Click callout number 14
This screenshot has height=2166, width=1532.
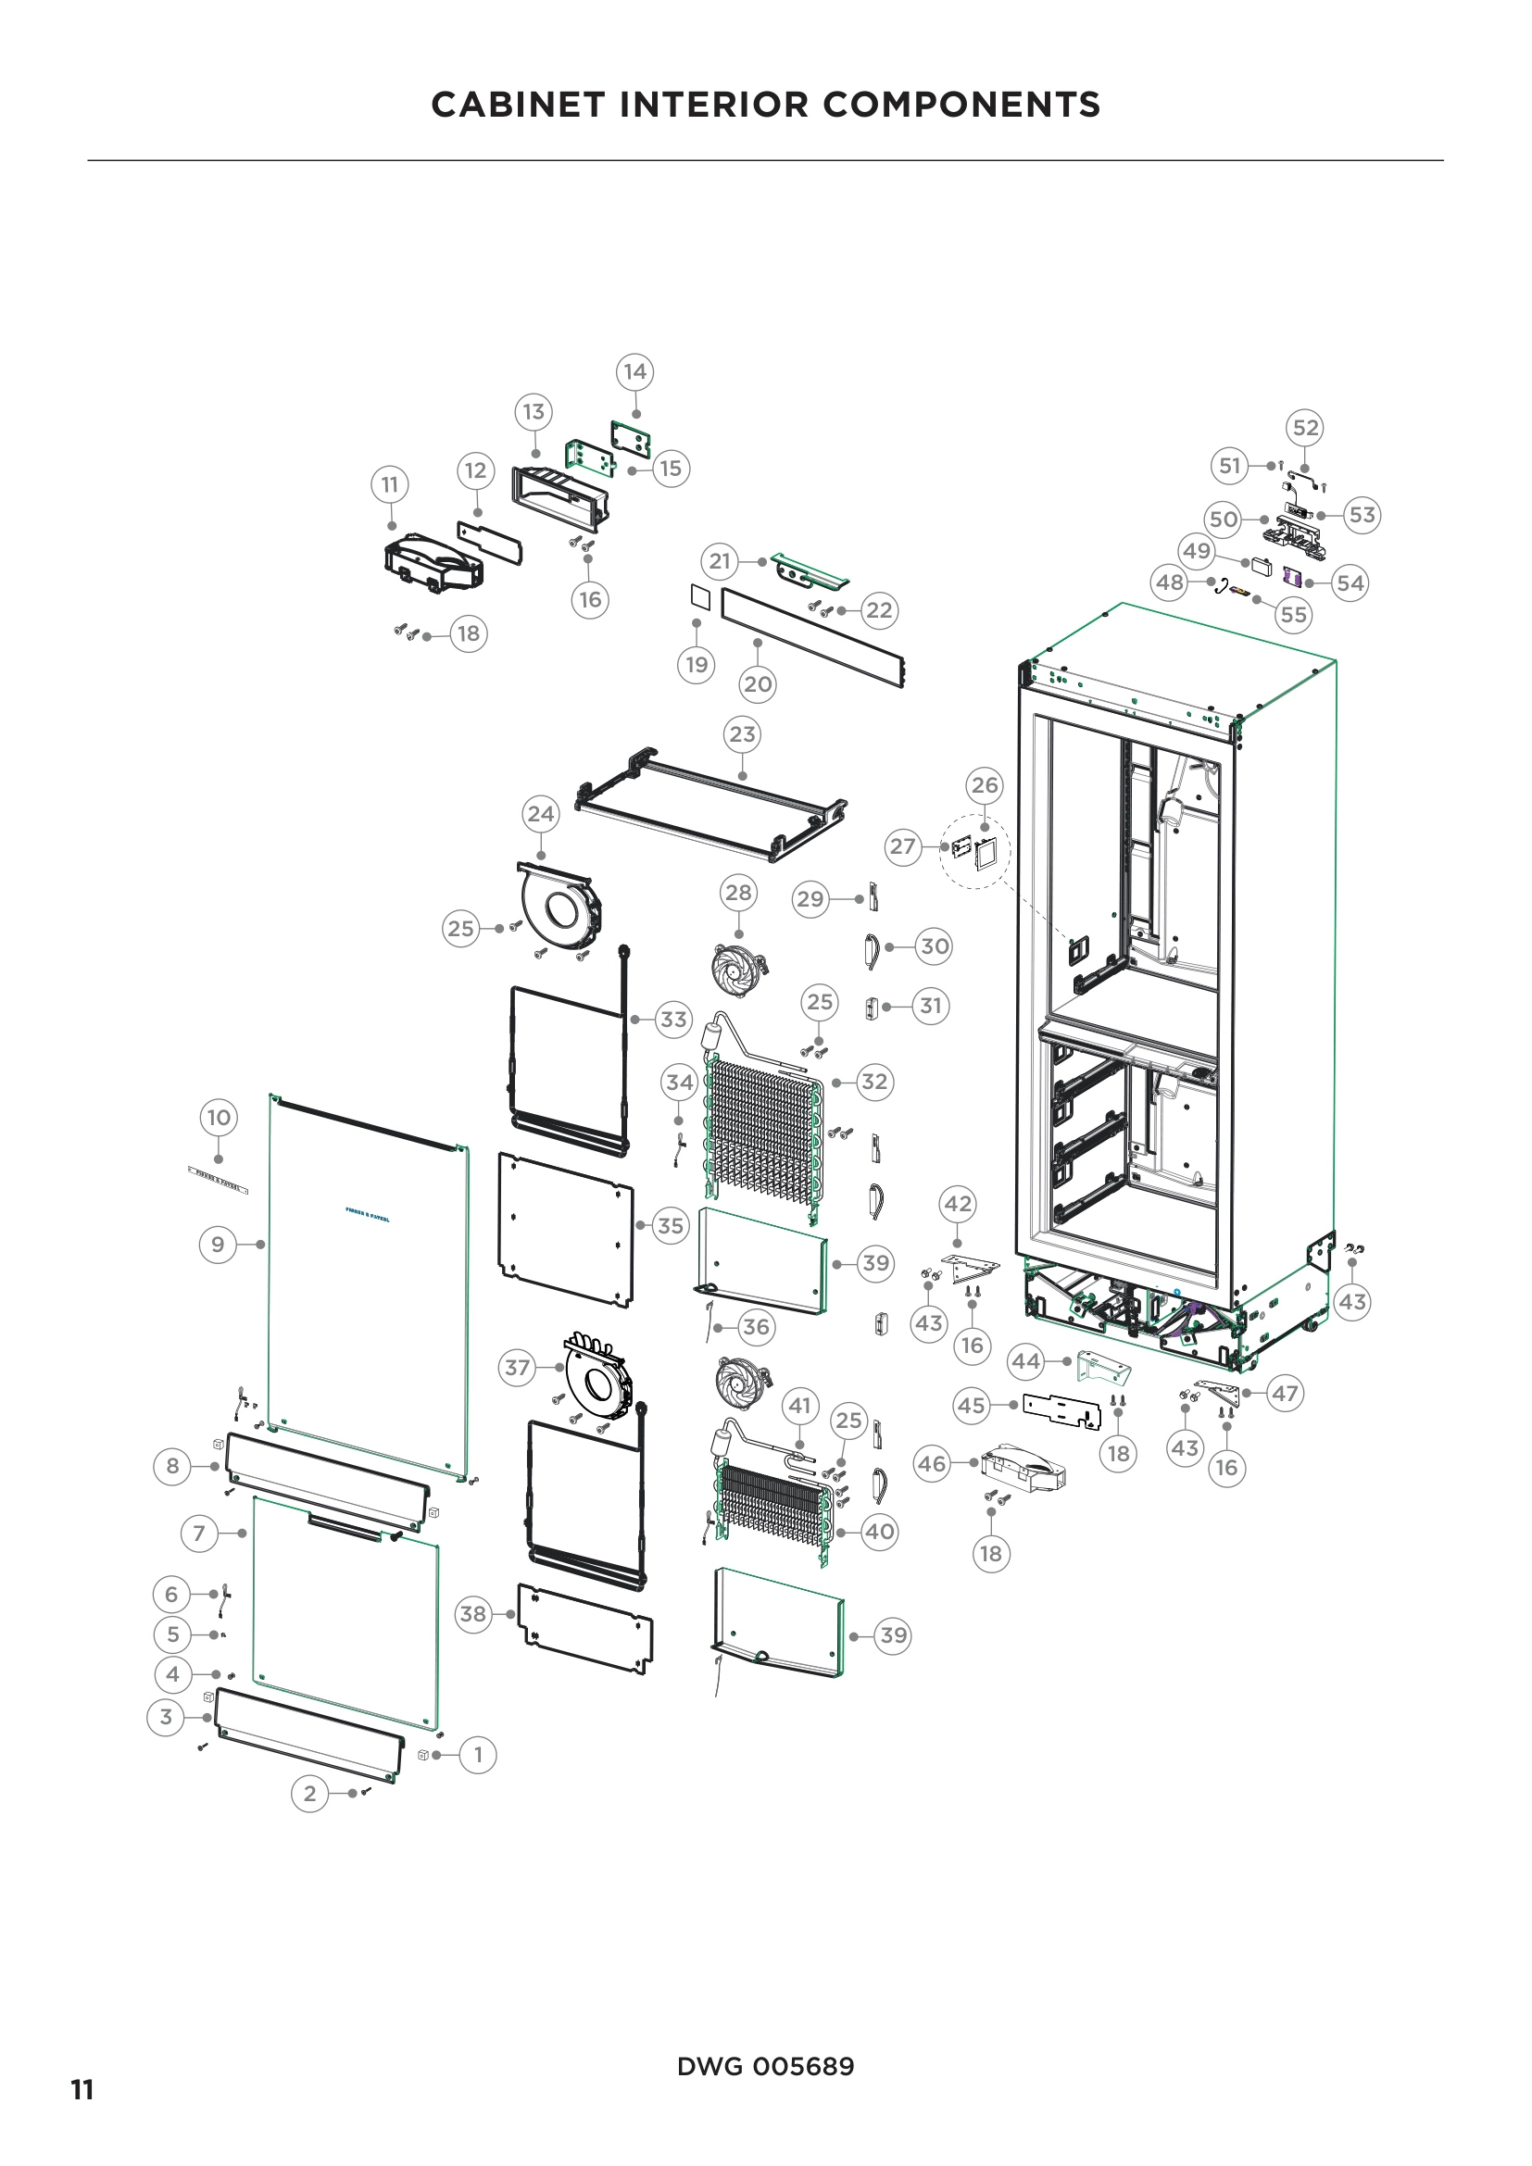pos(634,371)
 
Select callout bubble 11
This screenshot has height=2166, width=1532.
pos(390,485)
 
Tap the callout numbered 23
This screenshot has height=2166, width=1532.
pos(743,734)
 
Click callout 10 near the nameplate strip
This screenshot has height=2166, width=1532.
pos(219,1118)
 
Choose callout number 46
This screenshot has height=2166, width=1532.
pos(931,1464)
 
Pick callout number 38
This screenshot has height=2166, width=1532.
pos(472,1614)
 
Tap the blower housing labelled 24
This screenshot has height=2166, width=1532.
pos(559,905)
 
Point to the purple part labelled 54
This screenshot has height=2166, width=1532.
pos(1293,582)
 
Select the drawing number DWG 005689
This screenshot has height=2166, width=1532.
pos(765,2066)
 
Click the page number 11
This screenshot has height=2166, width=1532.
pos(82,2089)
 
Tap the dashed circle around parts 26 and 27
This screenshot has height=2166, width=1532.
pos(974,851)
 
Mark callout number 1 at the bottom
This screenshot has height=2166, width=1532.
pos(478,1755)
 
